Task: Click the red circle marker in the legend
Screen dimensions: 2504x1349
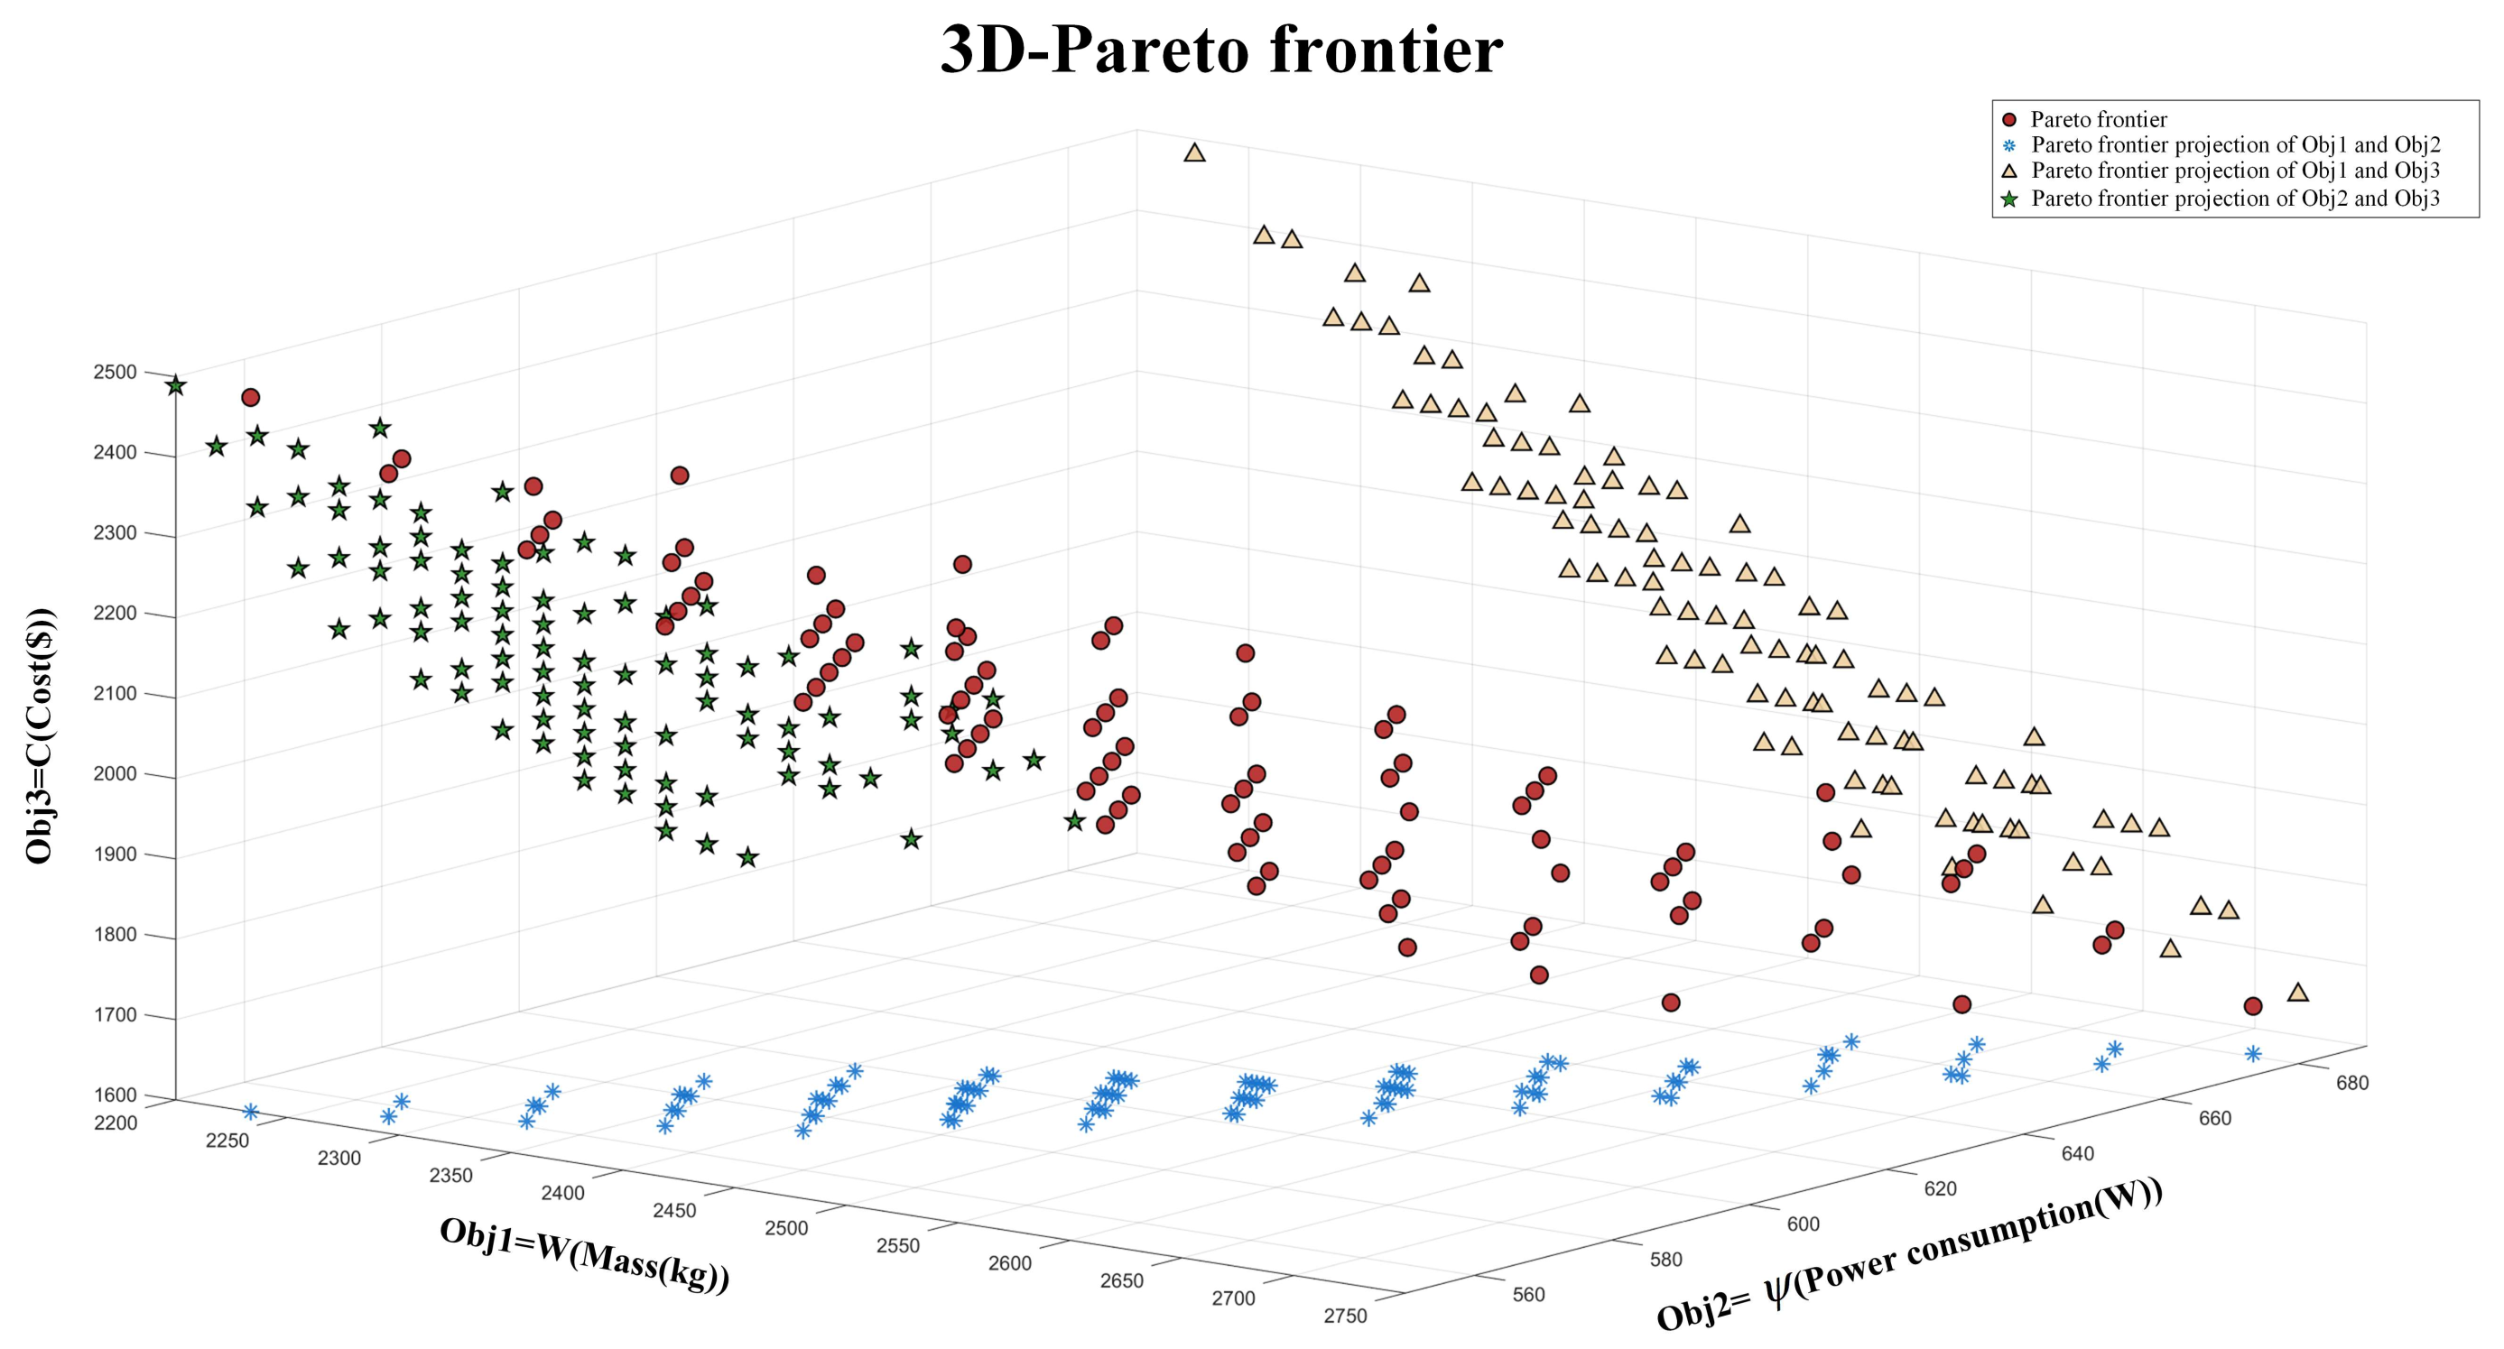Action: pyautogui.click(x=2009, y=119)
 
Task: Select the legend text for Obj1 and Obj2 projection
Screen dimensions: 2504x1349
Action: pyautogui.click(x=2236, y=144)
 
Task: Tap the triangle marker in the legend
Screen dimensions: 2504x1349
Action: pyautogui.click(x=2009, y=171)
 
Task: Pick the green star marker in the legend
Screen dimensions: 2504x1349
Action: pyautogui.click(x=2009, y=199)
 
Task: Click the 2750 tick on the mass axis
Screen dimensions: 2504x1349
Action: pyautogui.click(x=1345, y=1316)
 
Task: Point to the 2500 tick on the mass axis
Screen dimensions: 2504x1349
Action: pyautogui.click(x=786, y=1228)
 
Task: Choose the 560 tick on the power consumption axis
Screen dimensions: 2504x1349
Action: pyautogui.click(x=1529, y=1295)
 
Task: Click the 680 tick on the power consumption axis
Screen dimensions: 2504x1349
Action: pyautogui.click(x=2352, y=1083)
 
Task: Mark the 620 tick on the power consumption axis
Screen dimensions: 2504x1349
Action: pyautogui.click(x=1940, y=1188)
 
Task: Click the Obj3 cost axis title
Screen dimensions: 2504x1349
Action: pyautogui.click(x=40, y=735)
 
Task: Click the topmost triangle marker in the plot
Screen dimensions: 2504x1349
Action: pyautogui.click(x=1194, y=152)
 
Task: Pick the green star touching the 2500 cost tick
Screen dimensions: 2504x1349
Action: pyautogui.click(x=175, y=386)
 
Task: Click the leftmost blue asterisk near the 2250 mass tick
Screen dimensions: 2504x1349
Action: pyautogui.click(x=251, y=1111)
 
